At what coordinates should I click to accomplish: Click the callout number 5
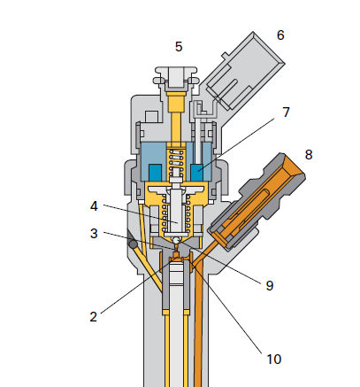pos(179,47)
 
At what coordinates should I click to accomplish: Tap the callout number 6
pos(280,35)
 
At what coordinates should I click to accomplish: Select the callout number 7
pos(286,112)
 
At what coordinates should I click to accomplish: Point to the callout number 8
pos(309,155)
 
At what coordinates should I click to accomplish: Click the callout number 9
pos(270,285)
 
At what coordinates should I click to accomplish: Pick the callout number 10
pos(274,359)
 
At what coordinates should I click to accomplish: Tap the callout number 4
pos(94,206)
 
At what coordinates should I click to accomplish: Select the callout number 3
pos(94,233)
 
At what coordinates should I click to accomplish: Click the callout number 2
pos(93,317)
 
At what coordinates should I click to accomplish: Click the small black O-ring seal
pos(133,244)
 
